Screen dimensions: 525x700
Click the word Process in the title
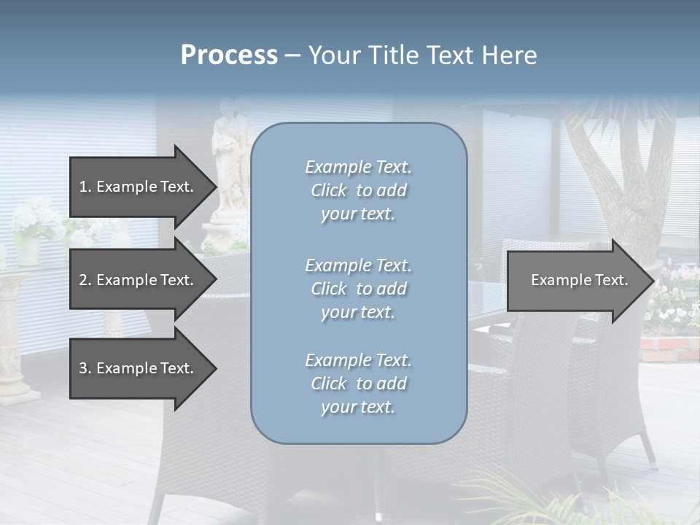click(x=229, y=55)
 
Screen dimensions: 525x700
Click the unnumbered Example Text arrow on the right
click(x=580, y=280)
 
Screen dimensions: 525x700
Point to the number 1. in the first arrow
click(x=85, y=187)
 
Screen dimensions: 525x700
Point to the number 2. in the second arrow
click(x=85, y=280)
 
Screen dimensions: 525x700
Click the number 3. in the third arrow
click(x=85, y=368)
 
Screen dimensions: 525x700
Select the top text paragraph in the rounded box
click(x=358, y=190)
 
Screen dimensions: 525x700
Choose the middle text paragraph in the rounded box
click(x=358, y=289)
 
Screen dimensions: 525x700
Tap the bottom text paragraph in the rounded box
click(x=358, y=384)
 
